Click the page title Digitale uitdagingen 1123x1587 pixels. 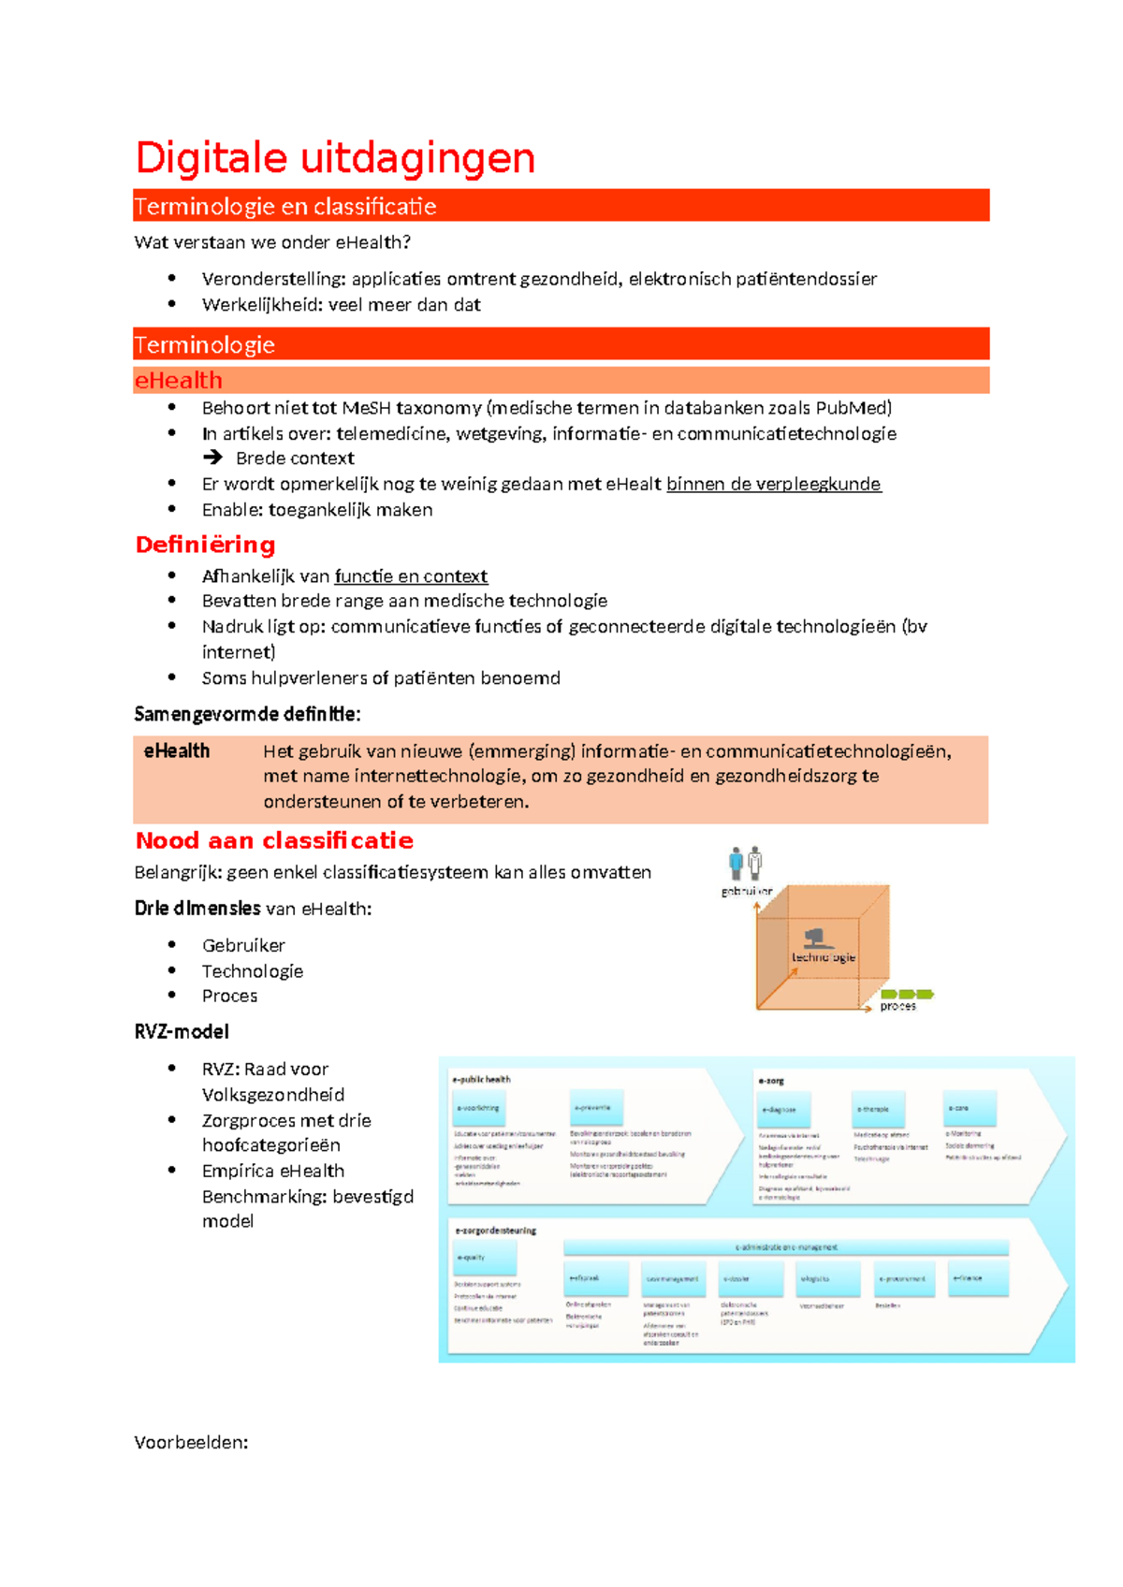(335, 157)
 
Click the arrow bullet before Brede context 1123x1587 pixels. (213, 458)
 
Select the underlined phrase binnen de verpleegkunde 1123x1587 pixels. (773, 484)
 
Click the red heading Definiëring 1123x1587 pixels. (205, 545)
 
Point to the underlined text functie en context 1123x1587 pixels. (411, 576)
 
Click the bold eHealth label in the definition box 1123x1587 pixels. (176, 750)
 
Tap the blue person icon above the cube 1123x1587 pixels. (736, 861)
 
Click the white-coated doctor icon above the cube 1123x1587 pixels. (755, 861)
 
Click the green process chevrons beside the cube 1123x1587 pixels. (907, 994)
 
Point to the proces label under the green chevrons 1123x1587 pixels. (897, 1007)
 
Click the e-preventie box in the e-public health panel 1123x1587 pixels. (596, 1107)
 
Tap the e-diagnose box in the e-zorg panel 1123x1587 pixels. (783, 1109)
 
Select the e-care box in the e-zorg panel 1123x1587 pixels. (970, 1108)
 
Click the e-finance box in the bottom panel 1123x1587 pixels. (978, 1278)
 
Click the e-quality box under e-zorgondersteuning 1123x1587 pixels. (484, 1258)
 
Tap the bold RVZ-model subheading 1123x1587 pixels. (182, 1031)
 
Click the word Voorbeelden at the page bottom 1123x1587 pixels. (191, 1442)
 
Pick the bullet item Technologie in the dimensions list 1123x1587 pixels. (253, 971)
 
